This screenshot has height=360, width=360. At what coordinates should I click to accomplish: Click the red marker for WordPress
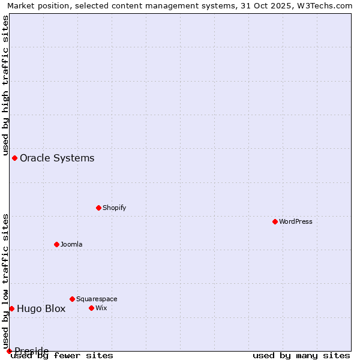[x=275, y=221]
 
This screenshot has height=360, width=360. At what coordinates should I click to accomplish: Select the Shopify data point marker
[x=99, y=208]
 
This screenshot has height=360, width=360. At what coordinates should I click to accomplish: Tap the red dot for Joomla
[x=57, y=244]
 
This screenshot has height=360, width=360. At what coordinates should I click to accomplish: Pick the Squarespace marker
[x=73, y=299]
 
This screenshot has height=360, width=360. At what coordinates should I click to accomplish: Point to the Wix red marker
[x=92, y=308]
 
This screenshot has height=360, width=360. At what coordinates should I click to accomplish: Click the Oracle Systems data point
[x=15, y=158]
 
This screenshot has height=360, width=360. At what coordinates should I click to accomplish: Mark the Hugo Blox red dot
[x=11, y=308]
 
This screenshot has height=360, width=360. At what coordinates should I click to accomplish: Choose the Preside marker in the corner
[x=9, y=351]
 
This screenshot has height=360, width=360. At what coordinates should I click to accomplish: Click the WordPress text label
[x=296, y=221]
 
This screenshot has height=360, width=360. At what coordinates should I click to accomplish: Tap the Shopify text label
[x=115, y=208]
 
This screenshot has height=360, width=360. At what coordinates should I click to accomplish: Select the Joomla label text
[x=71, y=244]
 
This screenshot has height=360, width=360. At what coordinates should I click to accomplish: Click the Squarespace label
[x=97, y=299]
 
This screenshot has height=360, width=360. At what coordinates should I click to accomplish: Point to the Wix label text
[x=101, y=308]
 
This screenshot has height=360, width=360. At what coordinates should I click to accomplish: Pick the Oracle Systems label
[x=57, y=158]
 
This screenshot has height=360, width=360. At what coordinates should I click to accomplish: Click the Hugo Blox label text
[x=41, y=309]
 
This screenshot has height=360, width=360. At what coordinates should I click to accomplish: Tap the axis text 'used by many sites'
[x=301, y=356]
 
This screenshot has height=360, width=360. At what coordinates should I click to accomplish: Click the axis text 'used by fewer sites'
[x=62, y=356]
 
